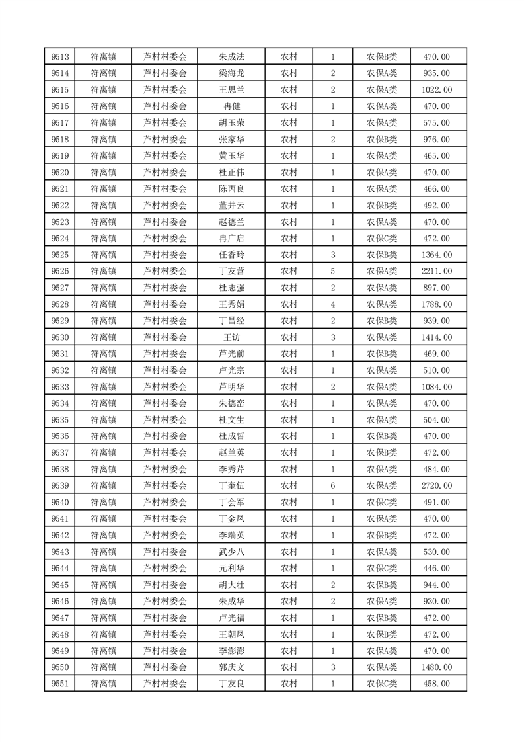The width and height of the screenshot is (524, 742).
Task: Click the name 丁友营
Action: [231, 271]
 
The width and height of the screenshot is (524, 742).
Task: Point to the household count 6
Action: [332, 486]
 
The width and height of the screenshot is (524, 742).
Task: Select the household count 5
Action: [332, 271]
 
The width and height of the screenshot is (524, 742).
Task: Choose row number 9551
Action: [60, 684]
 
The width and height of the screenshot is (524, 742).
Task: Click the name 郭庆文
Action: [231, 667]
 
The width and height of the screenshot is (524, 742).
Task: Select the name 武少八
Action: [231, 552]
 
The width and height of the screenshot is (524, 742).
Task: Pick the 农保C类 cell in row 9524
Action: [381, 238]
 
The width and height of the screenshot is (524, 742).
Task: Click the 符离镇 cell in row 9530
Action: [103, 337]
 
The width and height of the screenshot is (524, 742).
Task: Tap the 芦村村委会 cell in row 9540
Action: [165, 503]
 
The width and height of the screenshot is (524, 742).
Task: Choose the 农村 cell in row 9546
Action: [289, 601]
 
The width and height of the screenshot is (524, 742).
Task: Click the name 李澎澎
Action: [231, 651]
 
